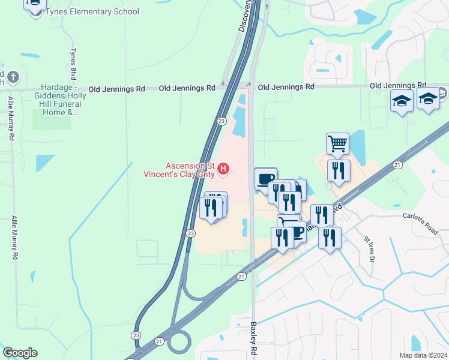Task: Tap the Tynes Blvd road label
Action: point(74,64)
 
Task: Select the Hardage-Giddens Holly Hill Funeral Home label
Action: point(58,100)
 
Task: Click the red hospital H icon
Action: point(223,170)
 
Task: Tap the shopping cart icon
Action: point(338,143)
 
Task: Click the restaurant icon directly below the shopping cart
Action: point(339,170)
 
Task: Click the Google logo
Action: point(20,353)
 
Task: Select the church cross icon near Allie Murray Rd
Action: point(13,77)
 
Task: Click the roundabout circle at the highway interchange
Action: point(178,343)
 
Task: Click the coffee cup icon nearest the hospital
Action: point(265,178)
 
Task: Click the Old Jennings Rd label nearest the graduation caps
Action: point(398,86)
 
